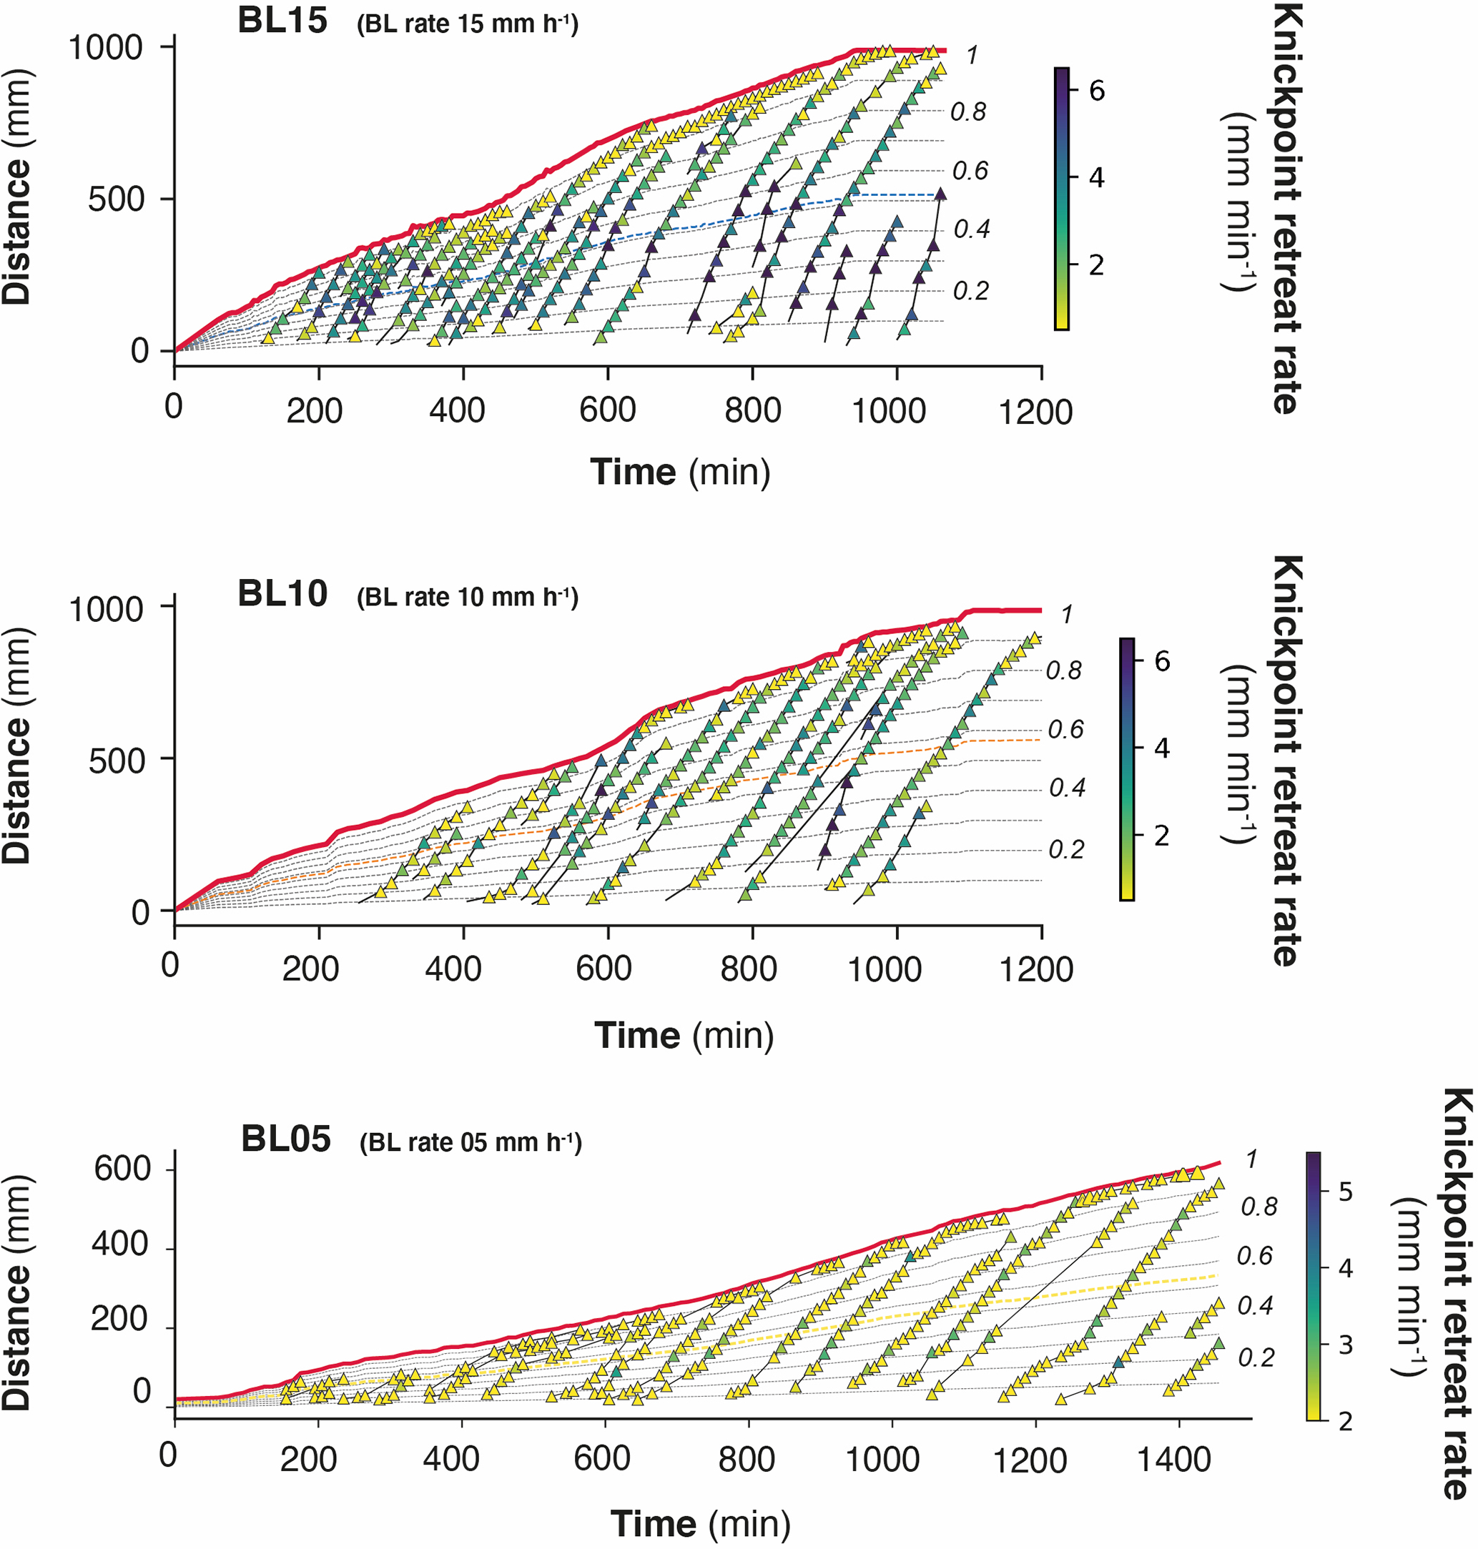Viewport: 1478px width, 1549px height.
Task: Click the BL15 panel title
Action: coord(282,21)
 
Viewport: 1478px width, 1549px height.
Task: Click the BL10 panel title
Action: coord(282,594)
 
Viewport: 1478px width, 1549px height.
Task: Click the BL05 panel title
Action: coord(285,1139)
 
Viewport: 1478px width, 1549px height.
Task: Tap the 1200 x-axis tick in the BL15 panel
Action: coord(1035,412)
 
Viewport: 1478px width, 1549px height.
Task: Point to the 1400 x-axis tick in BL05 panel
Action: coord(1174,1459)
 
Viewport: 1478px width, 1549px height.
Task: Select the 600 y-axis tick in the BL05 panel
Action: coord(122,1169)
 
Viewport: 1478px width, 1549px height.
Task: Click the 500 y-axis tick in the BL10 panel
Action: coord(117,761)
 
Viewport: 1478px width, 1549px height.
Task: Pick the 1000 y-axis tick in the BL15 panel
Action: coord(106,48)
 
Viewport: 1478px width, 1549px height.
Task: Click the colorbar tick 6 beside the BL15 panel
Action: coord(1097,91)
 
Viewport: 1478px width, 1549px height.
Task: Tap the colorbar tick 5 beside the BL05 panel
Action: coord(1346,1192)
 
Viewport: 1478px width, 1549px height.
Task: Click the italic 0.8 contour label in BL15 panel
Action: coord(967,112)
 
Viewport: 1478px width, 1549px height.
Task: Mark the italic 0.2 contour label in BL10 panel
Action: coord(1065,849)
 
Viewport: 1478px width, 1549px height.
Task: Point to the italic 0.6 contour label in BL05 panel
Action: coord(1254,1255)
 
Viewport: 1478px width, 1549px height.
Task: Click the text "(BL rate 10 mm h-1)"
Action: coord(467,598)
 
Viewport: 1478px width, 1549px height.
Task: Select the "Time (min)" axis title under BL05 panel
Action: coord(699,1523)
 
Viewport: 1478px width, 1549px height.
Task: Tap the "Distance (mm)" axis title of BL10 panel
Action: coord(17,745)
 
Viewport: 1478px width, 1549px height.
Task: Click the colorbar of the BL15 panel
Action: coord(1062,198)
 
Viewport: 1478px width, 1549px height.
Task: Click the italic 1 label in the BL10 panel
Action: coord(1066,613)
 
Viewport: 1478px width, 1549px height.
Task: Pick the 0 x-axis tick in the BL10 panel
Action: coord(170,965)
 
